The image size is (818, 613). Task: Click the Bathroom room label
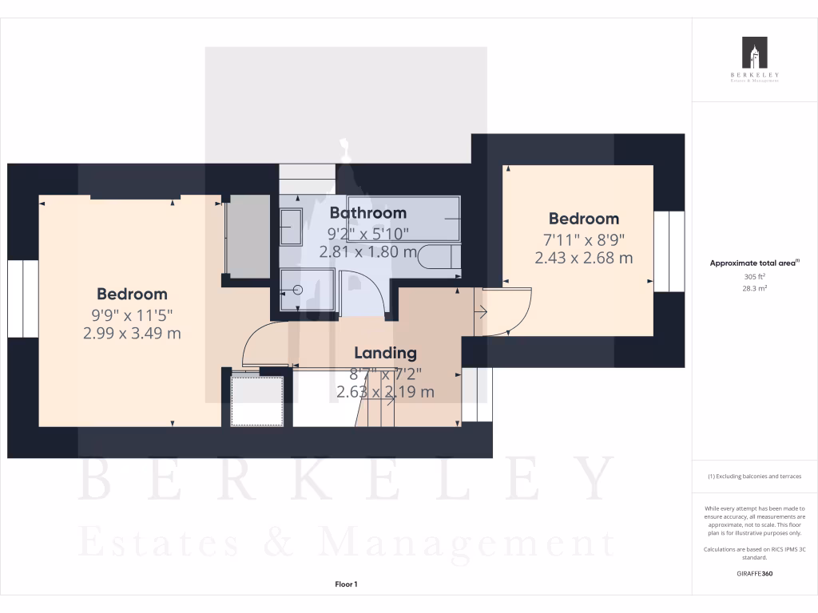(x=368, y=213)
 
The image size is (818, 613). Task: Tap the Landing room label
(x=386, y=353)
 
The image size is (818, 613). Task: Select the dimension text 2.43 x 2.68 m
(x=583, y=258)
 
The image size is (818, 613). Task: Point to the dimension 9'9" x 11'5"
(x=132, y=314)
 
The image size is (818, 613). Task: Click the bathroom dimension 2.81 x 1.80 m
(x=368, y=252)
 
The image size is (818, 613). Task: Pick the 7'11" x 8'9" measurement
(x=583, y=239)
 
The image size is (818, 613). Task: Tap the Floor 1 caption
(x=346, y=584)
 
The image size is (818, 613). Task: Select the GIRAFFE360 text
(x=754, y=574)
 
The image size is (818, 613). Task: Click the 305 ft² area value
(x=754, y=276)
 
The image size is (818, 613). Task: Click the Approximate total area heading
(x=754, y=263)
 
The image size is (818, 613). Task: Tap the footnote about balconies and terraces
(x=754, y=477)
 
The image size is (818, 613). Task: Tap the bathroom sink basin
(x=291, y=227)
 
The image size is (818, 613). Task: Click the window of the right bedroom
(x=669, y=251)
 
